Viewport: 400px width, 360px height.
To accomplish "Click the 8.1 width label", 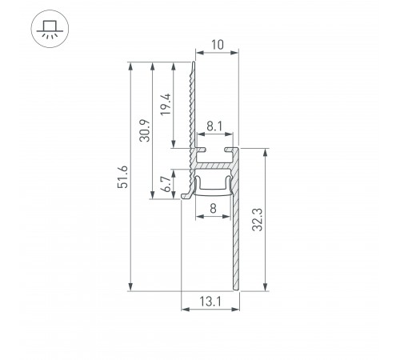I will (214, 126).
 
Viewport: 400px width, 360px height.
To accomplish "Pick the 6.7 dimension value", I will (166, 185).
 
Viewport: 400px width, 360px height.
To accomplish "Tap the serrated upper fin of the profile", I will (191, 104).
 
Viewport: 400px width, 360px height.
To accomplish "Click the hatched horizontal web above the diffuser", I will (214, 166).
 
